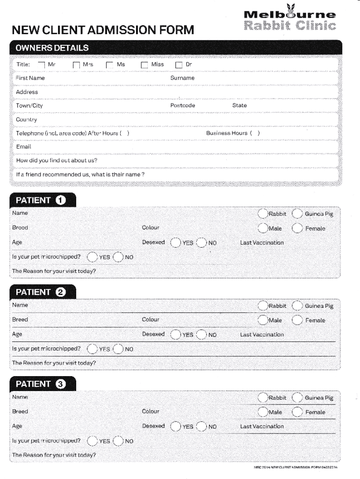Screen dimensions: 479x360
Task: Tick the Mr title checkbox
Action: pos(42,65)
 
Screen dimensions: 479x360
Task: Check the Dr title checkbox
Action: pos(179,65)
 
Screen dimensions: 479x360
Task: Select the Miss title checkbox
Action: pos(144,65)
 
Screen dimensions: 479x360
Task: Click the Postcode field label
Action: pos(182,106)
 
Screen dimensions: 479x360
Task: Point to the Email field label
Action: pos(23,147)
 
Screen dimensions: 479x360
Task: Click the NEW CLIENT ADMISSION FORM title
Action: pos(102,30)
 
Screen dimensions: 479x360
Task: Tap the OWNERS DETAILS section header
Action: pos(52,48)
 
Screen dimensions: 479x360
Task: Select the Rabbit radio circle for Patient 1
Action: pos(263,214)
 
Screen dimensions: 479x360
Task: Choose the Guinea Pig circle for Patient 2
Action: pos(297,306)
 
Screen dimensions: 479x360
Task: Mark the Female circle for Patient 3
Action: pos(297,412)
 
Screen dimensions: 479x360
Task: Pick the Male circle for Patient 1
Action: pos(263,228)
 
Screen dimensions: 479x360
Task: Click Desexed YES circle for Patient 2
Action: pos(175,334)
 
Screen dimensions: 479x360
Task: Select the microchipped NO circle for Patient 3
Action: pos(118,441)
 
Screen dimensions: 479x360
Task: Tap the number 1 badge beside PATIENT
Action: pos(60,200)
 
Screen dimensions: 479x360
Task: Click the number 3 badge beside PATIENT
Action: pos(60,384)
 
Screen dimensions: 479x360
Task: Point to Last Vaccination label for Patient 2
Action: pos(262,335)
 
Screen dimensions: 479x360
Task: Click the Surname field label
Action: pos(182,78)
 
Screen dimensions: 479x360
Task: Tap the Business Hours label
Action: pos(227,133)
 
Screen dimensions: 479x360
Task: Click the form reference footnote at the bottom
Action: pos(295,467)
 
